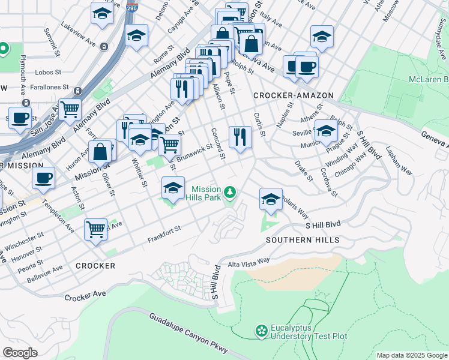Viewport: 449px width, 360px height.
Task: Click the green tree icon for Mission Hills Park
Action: tap(231, 192)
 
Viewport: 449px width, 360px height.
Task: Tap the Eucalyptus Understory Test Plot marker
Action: tap(261, 331)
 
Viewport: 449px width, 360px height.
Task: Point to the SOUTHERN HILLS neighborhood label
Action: tap(303, 240)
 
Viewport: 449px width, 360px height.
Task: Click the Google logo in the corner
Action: tap(20, 353)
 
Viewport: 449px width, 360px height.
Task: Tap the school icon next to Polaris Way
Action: tap(271, 198)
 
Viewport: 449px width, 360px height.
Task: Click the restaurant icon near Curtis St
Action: tap(240, 136)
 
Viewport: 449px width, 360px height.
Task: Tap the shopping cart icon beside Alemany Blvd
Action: tap(70, 109)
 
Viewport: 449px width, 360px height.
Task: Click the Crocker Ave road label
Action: tap(85, 297)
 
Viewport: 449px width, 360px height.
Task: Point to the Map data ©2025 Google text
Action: tap(411, 355)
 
